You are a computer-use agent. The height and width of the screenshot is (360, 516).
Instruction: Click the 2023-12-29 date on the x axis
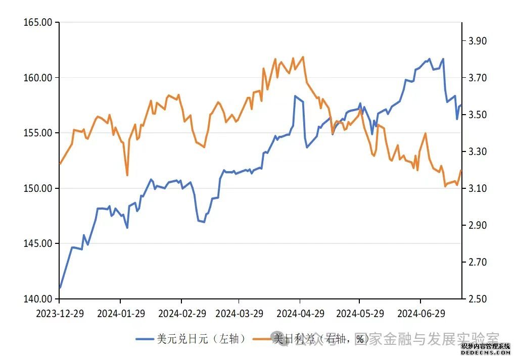point(60,314)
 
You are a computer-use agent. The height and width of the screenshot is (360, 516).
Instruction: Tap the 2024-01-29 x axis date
point(121,314)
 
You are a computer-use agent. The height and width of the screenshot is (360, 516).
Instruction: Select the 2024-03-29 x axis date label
point(240,314)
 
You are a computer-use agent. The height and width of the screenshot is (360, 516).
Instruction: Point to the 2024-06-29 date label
point(421,314)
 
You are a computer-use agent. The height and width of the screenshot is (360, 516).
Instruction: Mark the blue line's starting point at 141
point(60,288)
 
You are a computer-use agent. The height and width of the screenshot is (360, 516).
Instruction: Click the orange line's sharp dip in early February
point(127,175)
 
